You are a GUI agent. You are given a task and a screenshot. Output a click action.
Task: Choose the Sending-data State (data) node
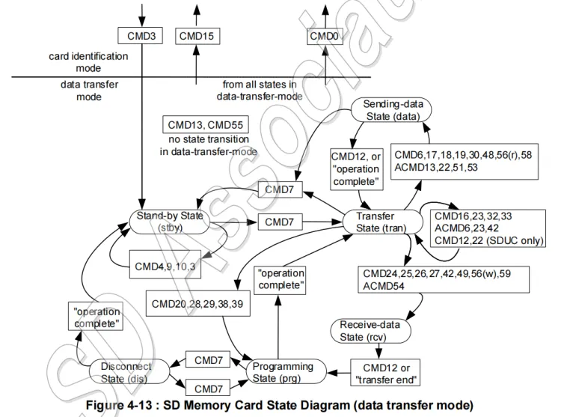point(393,109)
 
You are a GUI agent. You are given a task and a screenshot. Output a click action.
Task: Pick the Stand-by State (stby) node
point(169,222)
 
